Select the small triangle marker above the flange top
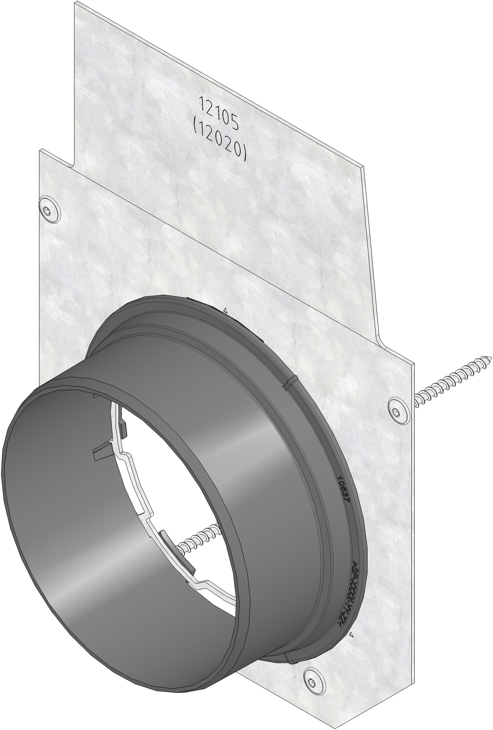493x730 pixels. point(225,311)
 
